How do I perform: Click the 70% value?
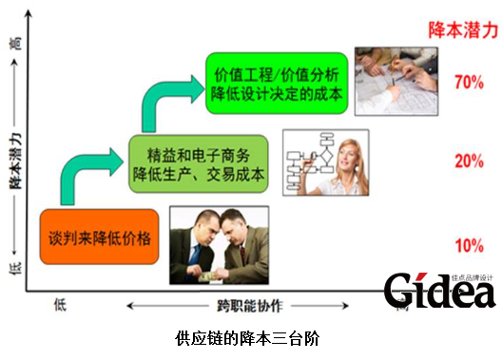469,82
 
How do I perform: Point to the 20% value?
469,161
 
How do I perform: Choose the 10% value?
469,246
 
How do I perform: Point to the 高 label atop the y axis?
15,43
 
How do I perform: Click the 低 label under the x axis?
61,305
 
